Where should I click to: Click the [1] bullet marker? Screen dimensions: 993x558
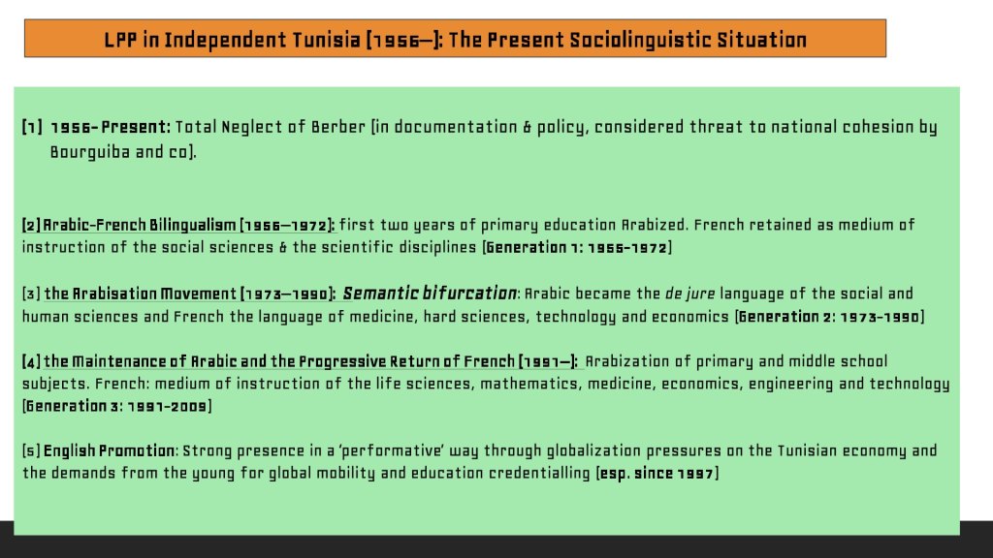coord(32,127)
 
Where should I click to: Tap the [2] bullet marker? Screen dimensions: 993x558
coord(31,225)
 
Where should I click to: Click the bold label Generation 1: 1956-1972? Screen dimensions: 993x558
coord(577,247)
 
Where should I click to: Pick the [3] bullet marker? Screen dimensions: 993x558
coord(31,294)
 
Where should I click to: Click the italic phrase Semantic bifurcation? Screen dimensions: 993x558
coord(430,294)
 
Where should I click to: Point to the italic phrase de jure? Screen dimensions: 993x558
coord(689,294)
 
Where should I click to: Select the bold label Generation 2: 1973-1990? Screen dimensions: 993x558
coord(830,317)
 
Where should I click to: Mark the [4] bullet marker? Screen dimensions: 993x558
coord(31,362)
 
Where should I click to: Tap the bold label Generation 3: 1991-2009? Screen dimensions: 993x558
coord(117,406)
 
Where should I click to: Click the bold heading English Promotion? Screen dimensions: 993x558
coord(109,451)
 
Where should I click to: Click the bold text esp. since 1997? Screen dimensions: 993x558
coord(657,473)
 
